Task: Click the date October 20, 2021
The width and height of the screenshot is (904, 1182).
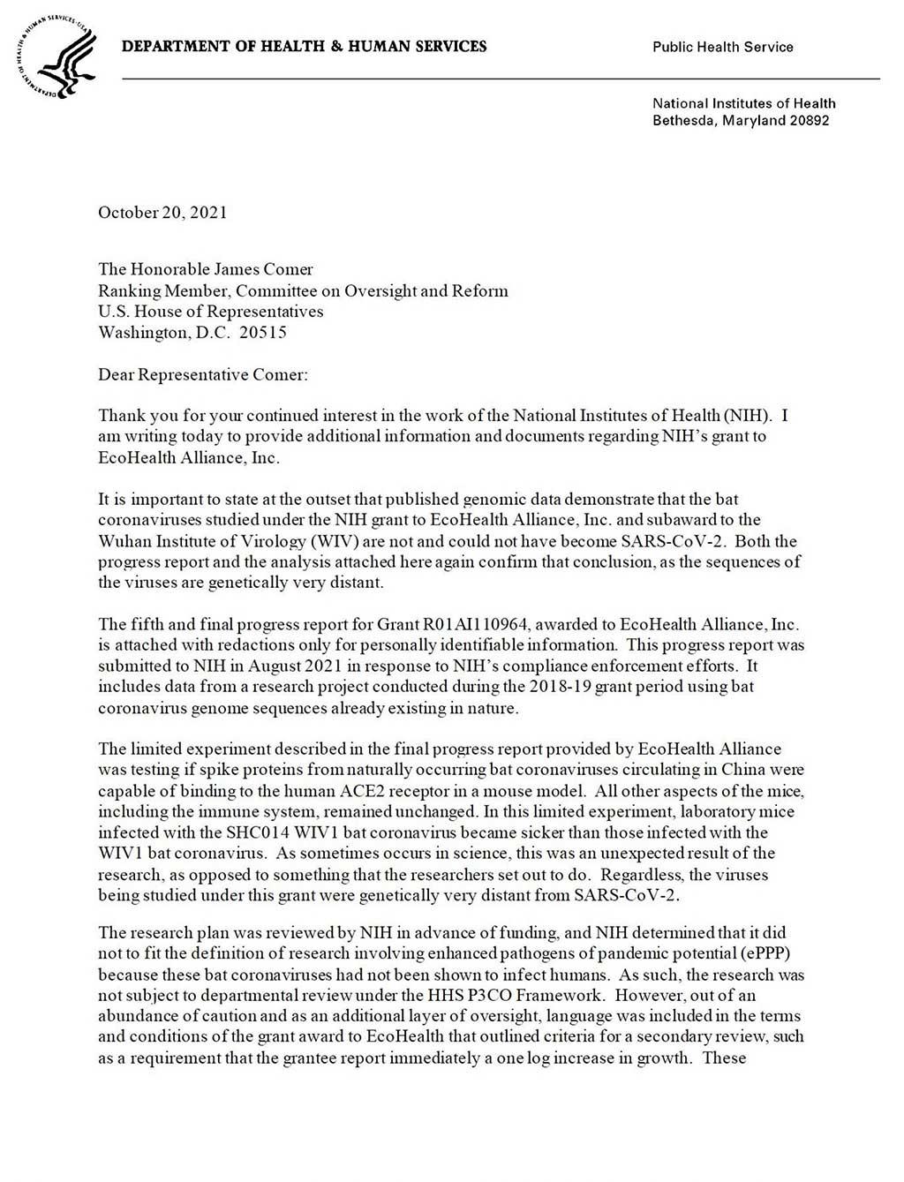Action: pyautogui.click(x=162, y=212)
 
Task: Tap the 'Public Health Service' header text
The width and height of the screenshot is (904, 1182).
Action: pyautogui.click(x=722, y=47)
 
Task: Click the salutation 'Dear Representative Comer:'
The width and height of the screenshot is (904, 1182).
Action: pyautogui.click(x=203, y=374)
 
